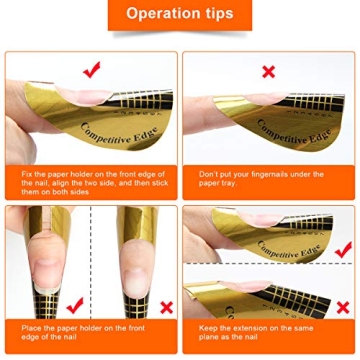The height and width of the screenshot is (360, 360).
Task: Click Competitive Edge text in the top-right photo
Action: [x=291, y=130]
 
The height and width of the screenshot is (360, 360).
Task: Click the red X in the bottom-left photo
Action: [x=164, y=306]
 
